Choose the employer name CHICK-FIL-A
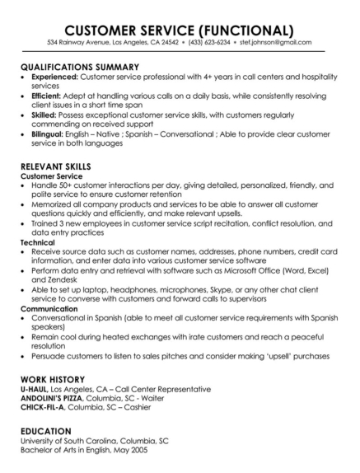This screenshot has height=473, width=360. (44, 406)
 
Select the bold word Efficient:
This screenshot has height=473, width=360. (49, 96)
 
